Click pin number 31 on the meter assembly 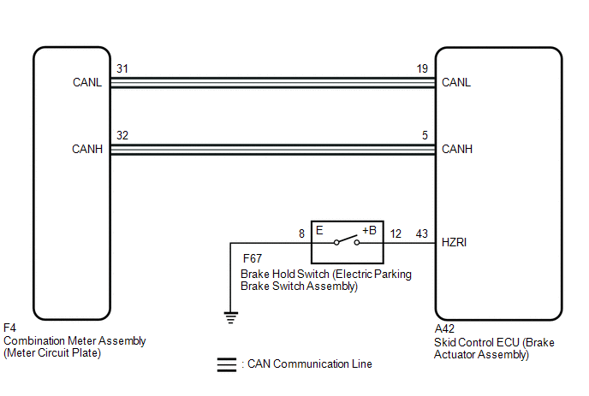click(x=122, y=68)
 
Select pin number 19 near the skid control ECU click(x=422, y=68)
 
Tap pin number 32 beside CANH click(x=122, y=135)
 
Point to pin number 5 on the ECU click(x=425, y=135)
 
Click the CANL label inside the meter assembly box click(x=87, y=82)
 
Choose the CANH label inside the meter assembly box click(x=87, y=149)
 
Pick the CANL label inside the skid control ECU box click(x=456, y=82)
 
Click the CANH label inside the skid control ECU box click(x=457, y=149)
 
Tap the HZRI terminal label click(x=454, y=243)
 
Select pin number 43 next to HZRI click(x=422, y=233)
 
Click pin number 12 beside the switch click(x=396, y=233)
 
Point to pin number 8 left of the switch click(x=301, y=233)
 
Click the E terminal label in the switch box click(x=319, y=230)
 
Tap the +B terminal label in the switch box click(x=369, y=230)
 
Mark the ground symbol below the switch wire click(x=231, y=317)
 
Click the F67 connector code click(x=253, y=258)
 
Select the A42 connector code click(x=444, y=328)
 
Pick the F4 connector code click(x=9, y=328)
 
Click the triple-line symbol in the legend click(x=227, y=365)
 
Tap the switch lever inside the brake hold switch click(x=347, y=239)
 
